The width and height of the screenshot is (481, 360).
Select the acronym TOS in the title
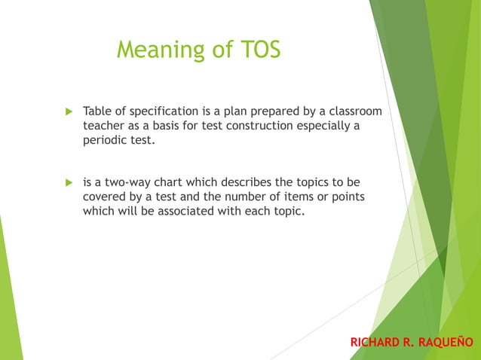click(x=256, y=50)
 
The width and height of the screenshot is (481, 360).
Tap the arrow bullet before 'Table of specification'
click(x=67, y=112)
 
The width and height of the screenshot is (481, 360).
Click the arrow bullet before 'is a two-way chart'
click(x=67, y=183)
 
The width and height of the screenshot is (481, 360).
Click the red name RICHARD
click(x=375, y=343)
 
